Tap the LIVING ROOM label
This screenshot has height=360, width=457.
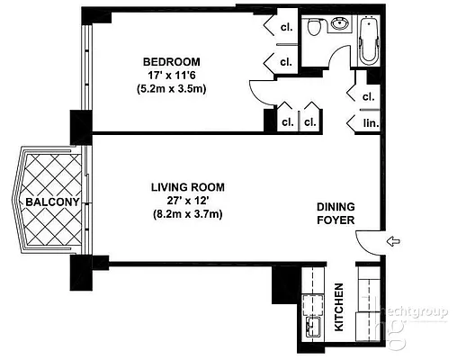[187, 187]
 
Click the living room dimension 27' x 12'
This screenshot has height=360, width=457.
[187, 201]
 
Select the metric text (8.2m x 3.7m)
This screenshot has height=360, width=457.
[187, 214]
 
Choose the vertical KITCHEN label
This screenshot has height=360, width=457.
[340, 307]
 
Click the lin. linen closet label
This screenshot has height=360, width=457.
[368, 123]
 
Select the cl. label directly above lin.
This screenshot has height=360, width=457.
[368, 96]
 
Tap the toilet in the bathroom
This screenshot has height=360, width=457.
[312, 29]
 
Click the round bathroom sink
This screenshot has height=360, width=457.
[338, 25]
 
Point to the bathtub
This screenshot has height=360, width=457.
[370, 41]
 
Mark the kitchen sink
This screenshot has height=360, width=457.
[314, 326]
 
